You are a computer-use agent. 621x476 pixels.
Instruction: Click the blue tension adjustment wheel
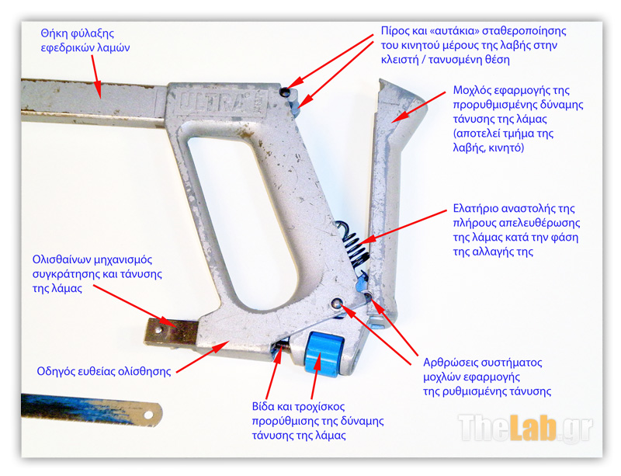point(323,353)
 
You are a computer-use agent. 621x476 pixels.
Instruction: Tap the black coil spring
point(354,244)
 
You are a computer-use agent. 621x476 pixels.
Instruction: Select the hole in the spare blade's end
point(148,415)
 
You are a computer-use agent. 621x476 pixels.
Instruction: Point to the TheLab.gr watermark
point(526,428)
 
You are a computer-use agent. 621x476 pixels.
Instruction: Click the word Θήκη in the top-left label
point(55,33)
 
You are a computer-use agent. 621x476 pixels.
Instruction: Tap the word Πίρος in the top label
point(393,31)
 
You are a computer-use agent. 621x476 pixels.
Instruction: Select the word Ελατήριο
point(474,208)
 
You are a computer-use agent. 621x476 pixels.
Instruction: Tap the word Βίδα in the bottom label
point(263,407)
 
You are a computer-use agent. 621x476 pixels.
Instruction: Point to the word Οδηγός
point(54,371)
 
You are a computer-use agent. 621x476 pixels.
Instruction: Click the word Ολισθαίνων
point(61,259)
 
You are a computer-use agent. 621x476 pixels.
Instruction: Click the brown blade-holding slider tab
point(171,332)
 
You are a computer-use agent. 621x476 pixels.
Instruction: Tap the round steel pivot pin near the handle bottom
point(337,304)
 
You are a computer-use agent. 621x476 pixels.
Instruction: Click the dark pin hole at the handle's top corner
point(284,92)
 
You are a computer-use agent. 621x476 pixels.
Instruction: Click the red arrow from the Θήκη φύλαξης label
point(96,77)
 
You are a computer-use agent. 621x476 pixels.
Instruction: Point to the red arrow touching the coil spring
point(402,227)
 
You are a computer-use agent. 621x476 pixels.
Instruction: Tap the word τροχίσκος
point(320,407)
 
